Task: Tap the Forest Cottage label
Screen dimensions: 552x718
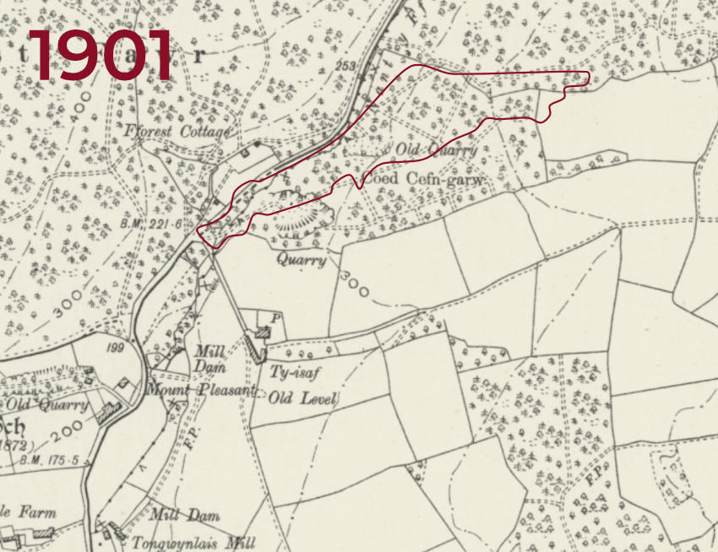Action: tap(176, 133)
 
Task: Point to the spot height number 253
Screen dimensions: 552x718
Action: tap(344, 65)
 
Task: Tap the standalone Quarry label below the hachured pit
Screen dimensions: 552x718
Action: tap(301, 261)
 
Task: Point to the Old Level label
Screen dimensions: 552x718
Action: tap(303, 398)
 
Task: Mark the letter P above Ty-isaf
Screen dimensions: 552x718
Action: tap(275, 317)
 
